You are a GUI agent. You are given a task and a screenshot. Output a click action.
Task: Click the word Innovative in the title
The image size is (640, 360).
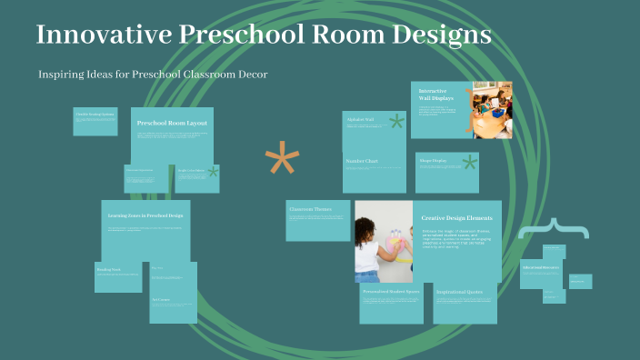[99, 36]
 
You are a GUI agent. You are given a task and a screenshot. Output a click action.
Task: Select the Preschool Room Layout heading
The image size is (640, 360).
[172, 123]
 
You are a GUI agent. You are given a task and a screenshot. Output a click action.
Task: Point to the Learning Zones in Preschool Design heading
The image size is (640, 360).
[145, 215]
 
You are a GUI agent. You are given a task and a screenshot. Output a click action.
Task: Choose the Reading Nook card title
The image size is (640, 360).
[110, 269]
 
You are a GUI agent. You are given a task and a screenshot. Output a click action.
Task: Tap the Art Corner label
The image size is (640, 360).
[161, 297]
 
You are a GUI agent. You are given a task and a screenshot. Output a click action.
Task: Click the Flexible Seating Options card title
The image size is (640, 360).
[95, 114]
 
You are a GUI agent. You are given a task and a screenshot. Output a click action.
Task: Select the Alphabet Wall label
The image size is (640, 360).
[361, 119]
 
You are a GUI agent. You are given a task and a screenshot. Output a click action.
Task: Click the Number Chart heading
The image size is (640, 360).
[363, 162]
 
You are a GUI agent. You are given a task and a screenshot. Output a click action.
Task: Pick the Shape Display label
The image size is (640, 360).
[433, 161]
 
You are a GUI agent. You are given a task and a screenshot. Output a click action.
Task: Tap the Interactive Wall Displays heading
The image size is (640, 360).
[434, 95]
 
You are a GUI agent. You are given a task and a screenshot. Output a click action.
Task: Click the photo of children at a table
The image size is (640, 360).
[492, 110]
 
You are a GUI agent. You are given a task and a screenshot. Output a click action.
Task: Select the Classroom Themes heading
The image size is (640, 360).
[311, 209]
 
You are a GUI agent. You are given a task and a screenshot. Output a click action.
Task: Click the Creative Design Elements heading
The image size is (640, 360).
[457, 218]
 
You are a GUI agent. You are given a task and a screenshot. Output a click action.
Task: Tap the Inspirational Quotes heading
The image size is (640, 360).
[464, 292]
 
